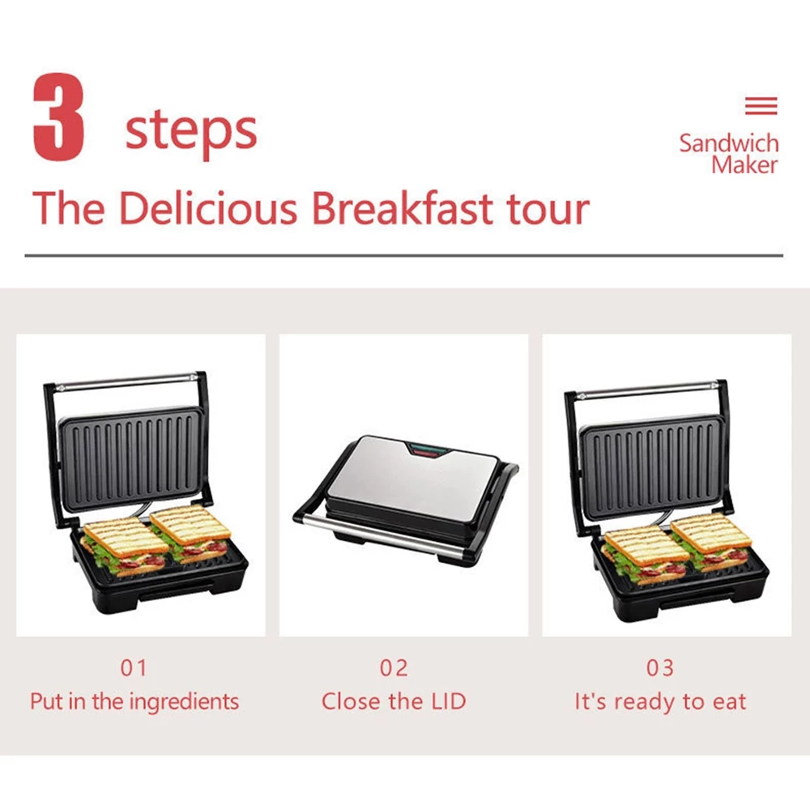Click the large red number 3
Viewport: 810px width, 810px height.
tap(58, 117)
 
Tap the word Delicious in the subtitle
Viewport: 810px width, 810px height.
tap(208, 208)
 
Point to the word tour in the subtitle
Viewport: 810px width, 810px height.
tap(548, 210)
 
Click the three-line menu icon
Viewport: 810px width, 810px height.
tap(761, 106)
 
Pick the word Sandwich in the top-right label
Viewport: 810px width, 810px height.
tap(729, 143)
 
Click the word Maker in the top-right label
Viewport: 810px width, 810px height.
tap(744, 165)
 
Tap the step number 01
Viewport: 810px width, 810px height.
tap(134, 668)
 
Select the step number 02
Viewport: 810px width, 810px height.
tap(394, 668)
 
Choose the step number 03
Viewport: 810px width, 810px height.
tap(660, 668)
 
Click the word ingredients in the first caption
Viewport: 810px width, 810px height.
tap(184, 702)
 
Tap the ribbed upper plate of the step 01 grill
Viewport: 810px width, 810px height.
tap(132, 458)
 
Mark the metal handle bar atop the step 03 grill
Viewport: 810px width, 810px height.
tap(648, 390)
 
